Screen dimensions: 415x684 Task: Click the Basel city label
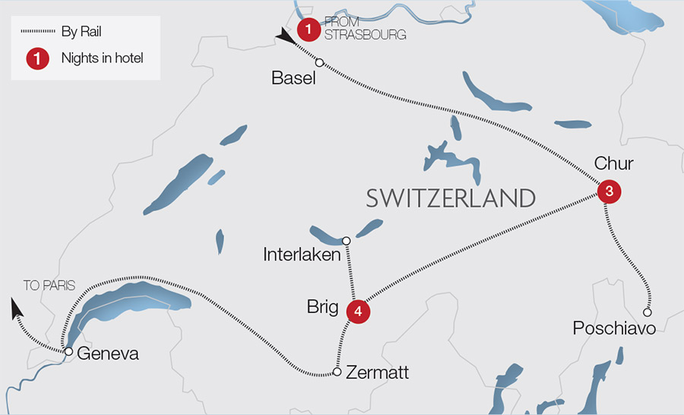point(293,79)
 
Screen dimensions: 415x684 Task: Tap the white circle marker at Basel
point(320,63)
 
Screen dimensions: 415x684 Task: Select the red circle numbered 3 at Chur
point(610,192)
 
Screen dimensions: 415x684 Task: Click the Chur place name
point(613,164)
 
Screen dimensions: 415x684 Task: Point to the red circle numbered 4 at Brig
point(358,311)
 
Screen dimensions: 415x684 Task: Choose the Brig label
point(323,306)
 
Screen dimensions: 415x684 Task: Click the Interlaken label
point(302,255)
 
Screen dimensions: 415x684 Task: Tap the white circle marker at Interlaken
point(346,241)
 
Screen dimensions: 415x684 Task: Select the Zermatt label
point(377,372)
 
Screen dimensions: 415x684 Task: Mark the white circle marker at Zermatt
point(337,372)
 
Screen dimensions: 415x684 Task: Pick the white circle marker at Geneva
point(68,351)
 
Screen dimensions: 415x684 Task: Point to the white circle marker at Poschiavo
point(648,312)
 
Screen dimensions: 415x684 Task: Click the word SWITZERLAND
point(451,198)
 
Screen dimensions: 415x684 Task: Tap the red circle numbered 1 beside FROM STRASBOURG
point(308,30)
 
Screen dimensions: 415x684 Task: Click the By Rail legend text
point(81,33)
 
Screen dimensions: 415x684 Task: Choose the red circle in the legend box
point(37,59)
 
